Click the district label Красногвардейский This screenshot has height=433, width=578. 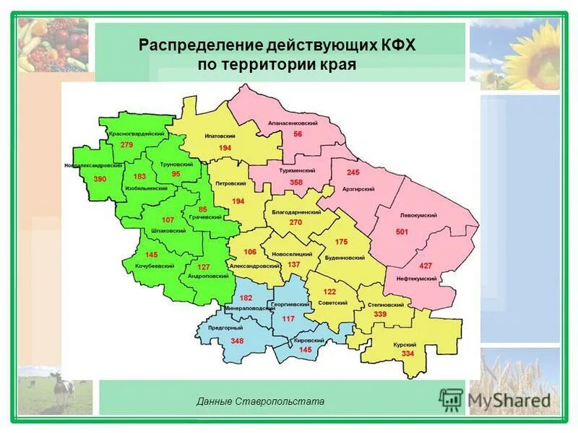click(x=137, y=134)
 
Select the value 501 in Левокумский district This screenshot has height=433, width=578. click(x=402, y=232)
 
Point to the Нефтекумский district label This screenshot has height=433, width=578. click(x=416, y=278)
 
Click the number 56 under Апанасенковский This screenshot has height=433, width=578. click(x=298, y=135)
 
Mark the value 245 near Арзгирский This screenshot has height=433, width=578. click(x=353, y=172)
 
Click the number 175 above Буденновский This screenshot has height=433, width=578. click(x=342, y=242)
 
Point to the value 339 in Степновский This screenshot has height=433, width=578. click(x=380, y=315)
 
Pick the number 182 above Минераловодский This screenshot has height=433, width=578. click(x=246, y=298)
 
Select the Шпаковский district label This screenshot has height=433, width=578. click(x=168, y=230)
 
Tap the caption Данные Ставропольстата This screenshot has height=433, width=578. click(x=260, y=401)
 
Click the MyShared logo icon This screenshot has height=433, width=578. click(x=451, y=399)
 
